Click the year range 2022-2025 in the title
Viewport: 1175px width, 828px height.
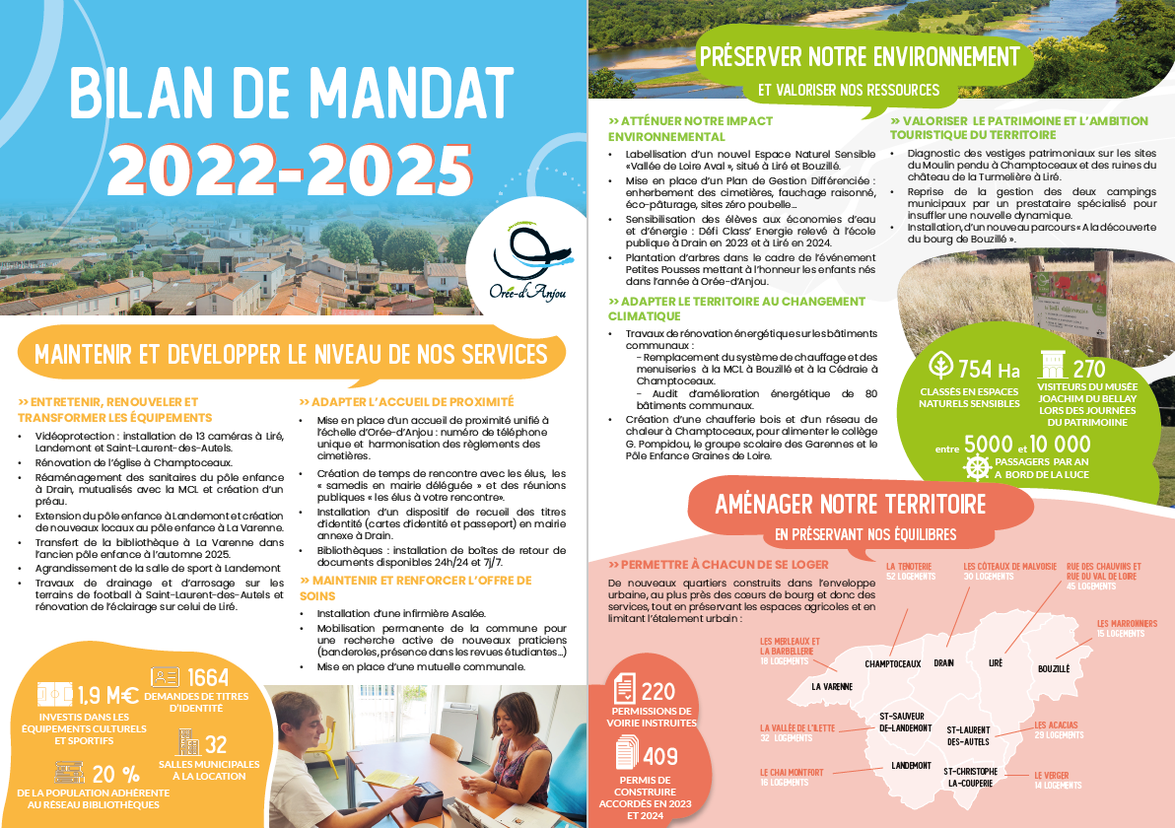(289, 169)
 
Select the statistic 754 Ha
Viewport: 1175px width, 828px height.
(989, 371)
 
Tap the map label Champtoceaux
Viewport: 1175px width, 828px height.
(892, 663)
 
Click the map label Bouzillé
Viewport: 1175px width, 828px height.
(1053, 669)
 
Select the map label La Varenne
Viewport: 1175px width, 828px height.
(832, 686)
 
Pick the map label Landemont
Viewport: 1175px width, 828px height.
(911, 765)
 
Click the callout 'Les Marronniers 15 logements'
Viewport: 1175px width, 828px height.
(1127, 628)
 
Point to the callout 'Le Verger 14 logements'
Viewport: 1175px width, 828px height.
(1057, 780)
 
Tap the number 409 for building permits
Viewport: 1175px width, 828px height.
(660, 757)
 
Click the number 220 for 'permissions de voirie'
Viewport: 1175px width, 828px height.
(657, 691)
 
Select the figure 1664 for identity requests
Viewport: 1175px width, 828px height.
(207, 677)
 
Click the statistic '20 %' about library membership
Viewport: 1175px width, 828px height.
(116, 774)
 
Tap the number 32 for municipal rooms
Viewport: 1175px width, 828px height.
(216, 744)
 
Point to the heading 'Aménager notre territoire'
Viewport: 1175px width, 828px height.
(850, 505)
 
